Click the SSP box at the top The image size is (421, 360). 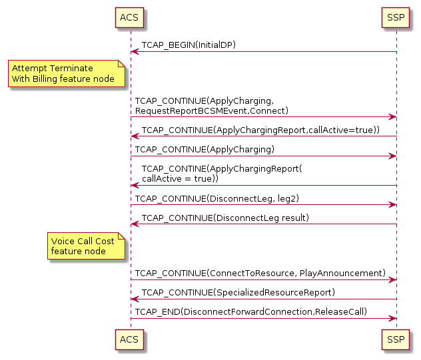click(396, 17)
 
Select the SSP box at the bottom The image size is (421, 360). click(396, 341)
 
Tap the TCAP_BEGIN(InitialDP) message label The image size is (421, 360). click(189, 45)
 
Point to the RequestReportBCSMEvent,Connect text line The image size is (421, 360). click(211, 110)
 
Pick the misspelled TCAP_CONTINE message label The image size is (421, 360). click(222, 169)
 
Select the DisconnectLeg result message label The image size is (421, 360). click(225, 218)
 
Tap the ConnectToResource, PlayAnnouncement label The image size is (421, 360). click(260, 273)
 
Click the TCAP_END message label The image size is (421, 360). click(251, 311)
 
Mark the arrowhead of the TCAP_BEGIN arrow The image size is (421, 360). click(135, 52)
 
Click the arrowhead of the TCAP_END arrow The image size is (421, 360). click(392, 318)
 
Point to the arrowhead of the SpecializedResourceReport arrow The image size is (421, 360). click(135, 299)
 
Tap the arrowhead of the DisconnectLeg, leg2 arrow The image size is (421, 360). click(392, 205)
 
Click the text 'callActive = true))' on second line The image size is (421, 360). click(175, 179)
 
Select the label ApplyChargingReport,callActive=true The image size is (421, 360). click(260, 130)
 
